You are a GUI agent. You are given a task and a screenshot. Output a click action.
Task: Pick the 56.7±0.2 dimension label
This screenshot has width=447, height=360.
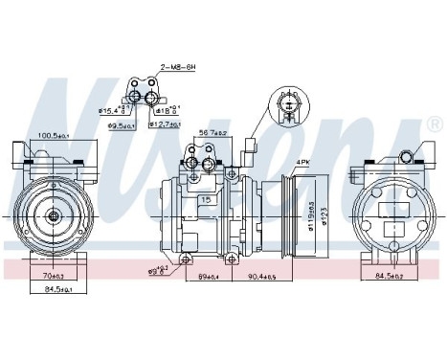pyautogui.click(x=212, y=134)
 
